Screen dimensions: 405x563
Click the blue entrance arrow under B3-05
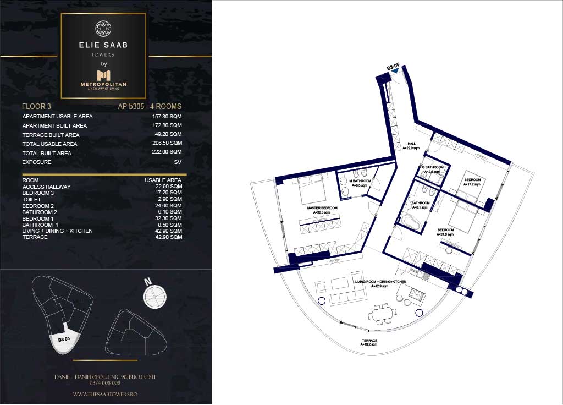tap(394, 77)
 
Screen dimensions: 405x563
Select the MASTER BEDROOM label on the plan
tap(319, 210)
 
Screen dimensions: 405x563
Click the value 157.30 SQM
tap(167, 117)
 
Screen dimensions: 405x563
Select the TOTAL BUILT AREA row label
tap(47, 153)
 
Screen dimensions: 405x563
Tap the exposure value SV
tap(178, 162)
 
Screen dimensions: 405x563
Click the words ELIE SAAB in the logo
tap(103, 45)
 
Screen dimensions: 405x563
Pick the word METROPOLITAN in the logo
tap(103, 84)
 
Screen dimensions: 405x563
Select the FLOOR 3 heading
tap(36, 106)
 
